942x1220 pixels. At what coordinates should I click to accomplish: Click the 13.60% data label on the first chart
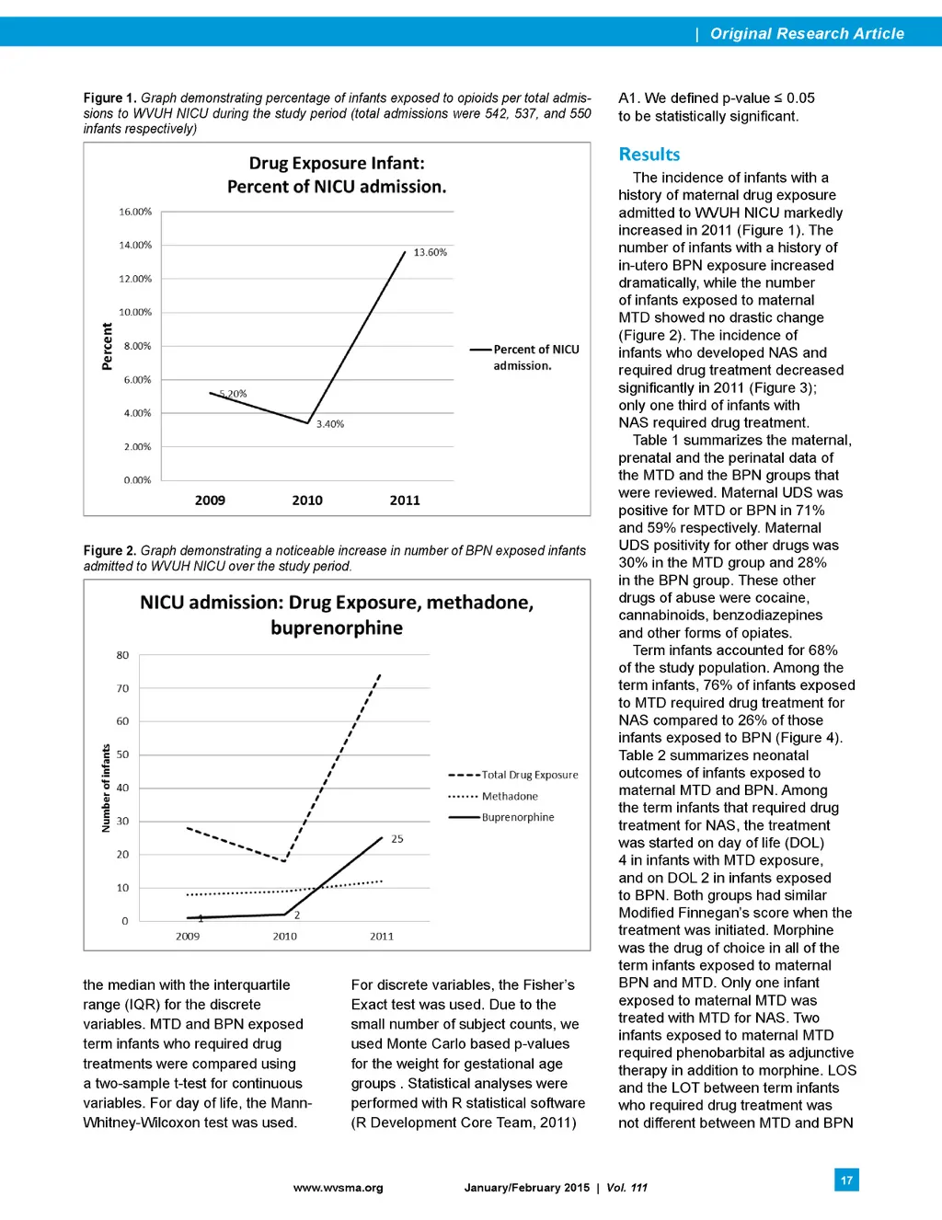[430, 252]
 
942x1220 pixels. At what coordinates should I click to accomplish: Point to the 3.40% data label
[330, 424]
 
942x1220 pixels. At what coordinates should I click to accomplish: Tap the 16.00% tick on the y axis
[135, 212]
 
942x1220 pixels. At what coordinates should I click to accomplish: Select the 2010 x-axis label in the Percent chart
[307, 501]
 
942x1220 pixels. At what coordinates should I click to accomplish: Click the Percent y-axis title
[107, 346]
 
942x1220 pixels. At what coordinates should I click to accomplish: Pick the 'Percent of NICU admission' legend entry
[535, 357]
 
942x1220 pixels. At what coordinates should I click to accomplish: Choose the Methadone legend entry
[510, 796]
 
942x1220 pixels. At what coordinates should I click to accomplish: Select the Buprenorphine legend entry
[518, 817]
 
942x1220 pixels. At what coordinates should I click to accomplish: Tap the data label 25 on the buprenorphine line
[397, 839]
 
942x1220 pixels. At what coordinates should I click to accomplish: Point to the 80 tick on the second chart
[122, 655]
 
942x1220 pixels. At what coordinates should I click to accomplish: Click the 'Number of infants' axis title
[106, 788]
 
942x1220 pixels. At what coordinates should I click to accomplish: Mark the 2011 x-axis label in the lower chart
[382, 936]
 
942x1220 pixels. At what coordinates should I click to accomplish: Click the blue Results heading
[649, 155]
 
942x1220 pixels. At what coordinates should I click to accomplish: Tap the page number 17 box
[846, 1180]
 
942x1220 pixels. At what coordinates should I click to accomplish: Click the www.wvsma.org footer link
[338, 1188]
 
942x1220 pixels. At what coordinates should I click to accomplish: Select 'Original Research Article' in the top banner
[807, 33]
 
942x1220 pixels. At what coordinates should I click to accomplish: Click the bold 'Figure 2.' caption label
[109, 550]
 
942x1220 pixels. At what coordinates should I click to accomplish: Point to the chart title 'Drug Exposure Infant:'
[337, 163]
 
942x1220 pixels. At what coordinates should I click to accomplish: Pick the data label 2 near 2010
[297, 915]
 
